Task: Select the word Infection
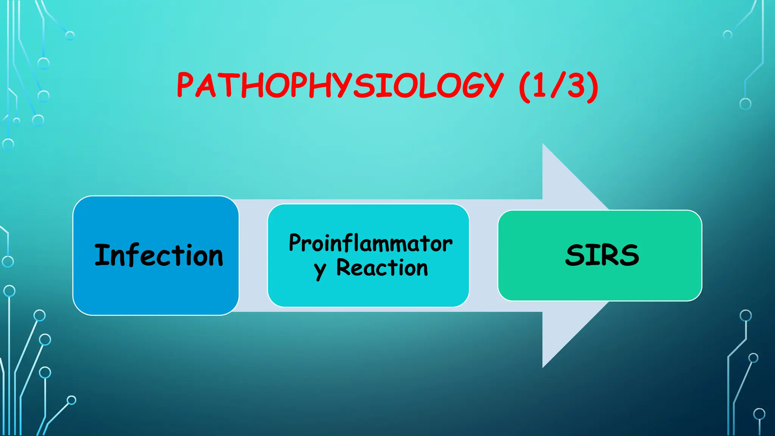click(x=159, y=255)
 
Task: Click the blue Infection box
click(x=156, y=291)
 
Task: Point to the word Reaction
click(x=382, y=268)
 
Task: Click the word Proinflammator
click(x=370, y=243)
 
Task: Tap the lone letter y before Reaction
click(x=320, y=270)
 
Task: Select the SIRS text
click(x=602, y=255)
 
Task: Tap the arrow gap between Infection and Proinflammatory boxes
click(x=253, y=255)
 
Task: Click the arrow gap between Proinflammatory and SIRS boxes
click(x=484, y=255)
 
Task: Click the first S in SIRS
click(x=575, y=255)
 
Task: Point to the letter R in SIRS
click(x=610, y=255)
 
